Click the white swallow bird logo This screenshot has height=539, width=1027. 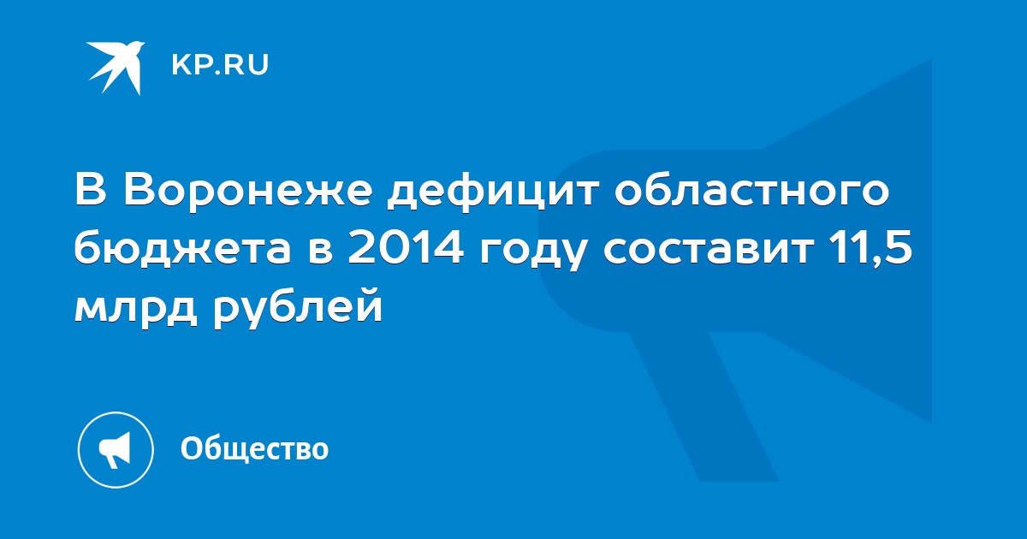[115, 68]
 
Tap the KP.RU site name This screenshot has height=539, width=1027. [220, 65]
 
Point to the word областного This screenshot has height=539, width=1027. [752, 191]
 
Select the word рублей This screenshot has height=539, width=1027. [298, 305]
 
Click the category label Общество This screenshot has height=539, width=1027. [254, 448]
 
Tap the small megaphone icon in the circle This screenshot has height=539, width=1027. [115, 450]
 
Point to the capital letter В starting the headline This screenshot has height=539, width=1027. [91, 191]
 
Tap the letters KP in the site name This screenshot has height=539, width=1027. [191, 65]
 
